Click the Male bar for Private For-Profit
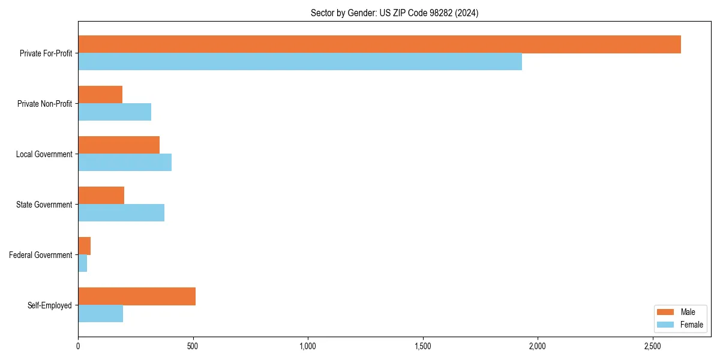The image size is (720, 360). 379,44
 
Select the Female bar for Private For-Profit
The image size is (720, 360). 300,62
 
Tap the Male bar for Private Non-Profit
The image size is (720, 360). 100,95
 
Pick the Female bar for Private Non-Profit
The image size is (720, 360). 115,112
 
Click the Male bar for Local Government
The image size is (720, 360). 119,145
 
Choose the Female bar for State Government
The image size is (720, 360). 121,213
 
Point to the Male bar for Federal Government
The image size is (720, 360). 85,246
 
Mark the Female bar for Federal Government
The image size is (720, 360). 83,263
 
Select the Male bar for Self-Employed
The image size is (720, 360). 137,296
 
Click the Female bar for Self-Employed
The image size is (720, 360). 101,314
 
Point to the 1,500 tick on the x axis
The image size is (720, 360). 422,346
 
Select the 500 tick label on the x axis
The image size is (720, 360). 193,346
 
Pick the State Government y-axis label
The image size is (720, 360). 44,205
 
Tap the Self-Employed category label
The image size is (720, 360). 50,305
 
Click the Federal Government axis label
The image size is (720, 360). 41,255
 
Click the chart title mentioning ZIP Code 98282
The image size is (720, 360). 394,13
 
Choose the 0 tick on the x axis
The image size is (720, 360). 78,346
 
